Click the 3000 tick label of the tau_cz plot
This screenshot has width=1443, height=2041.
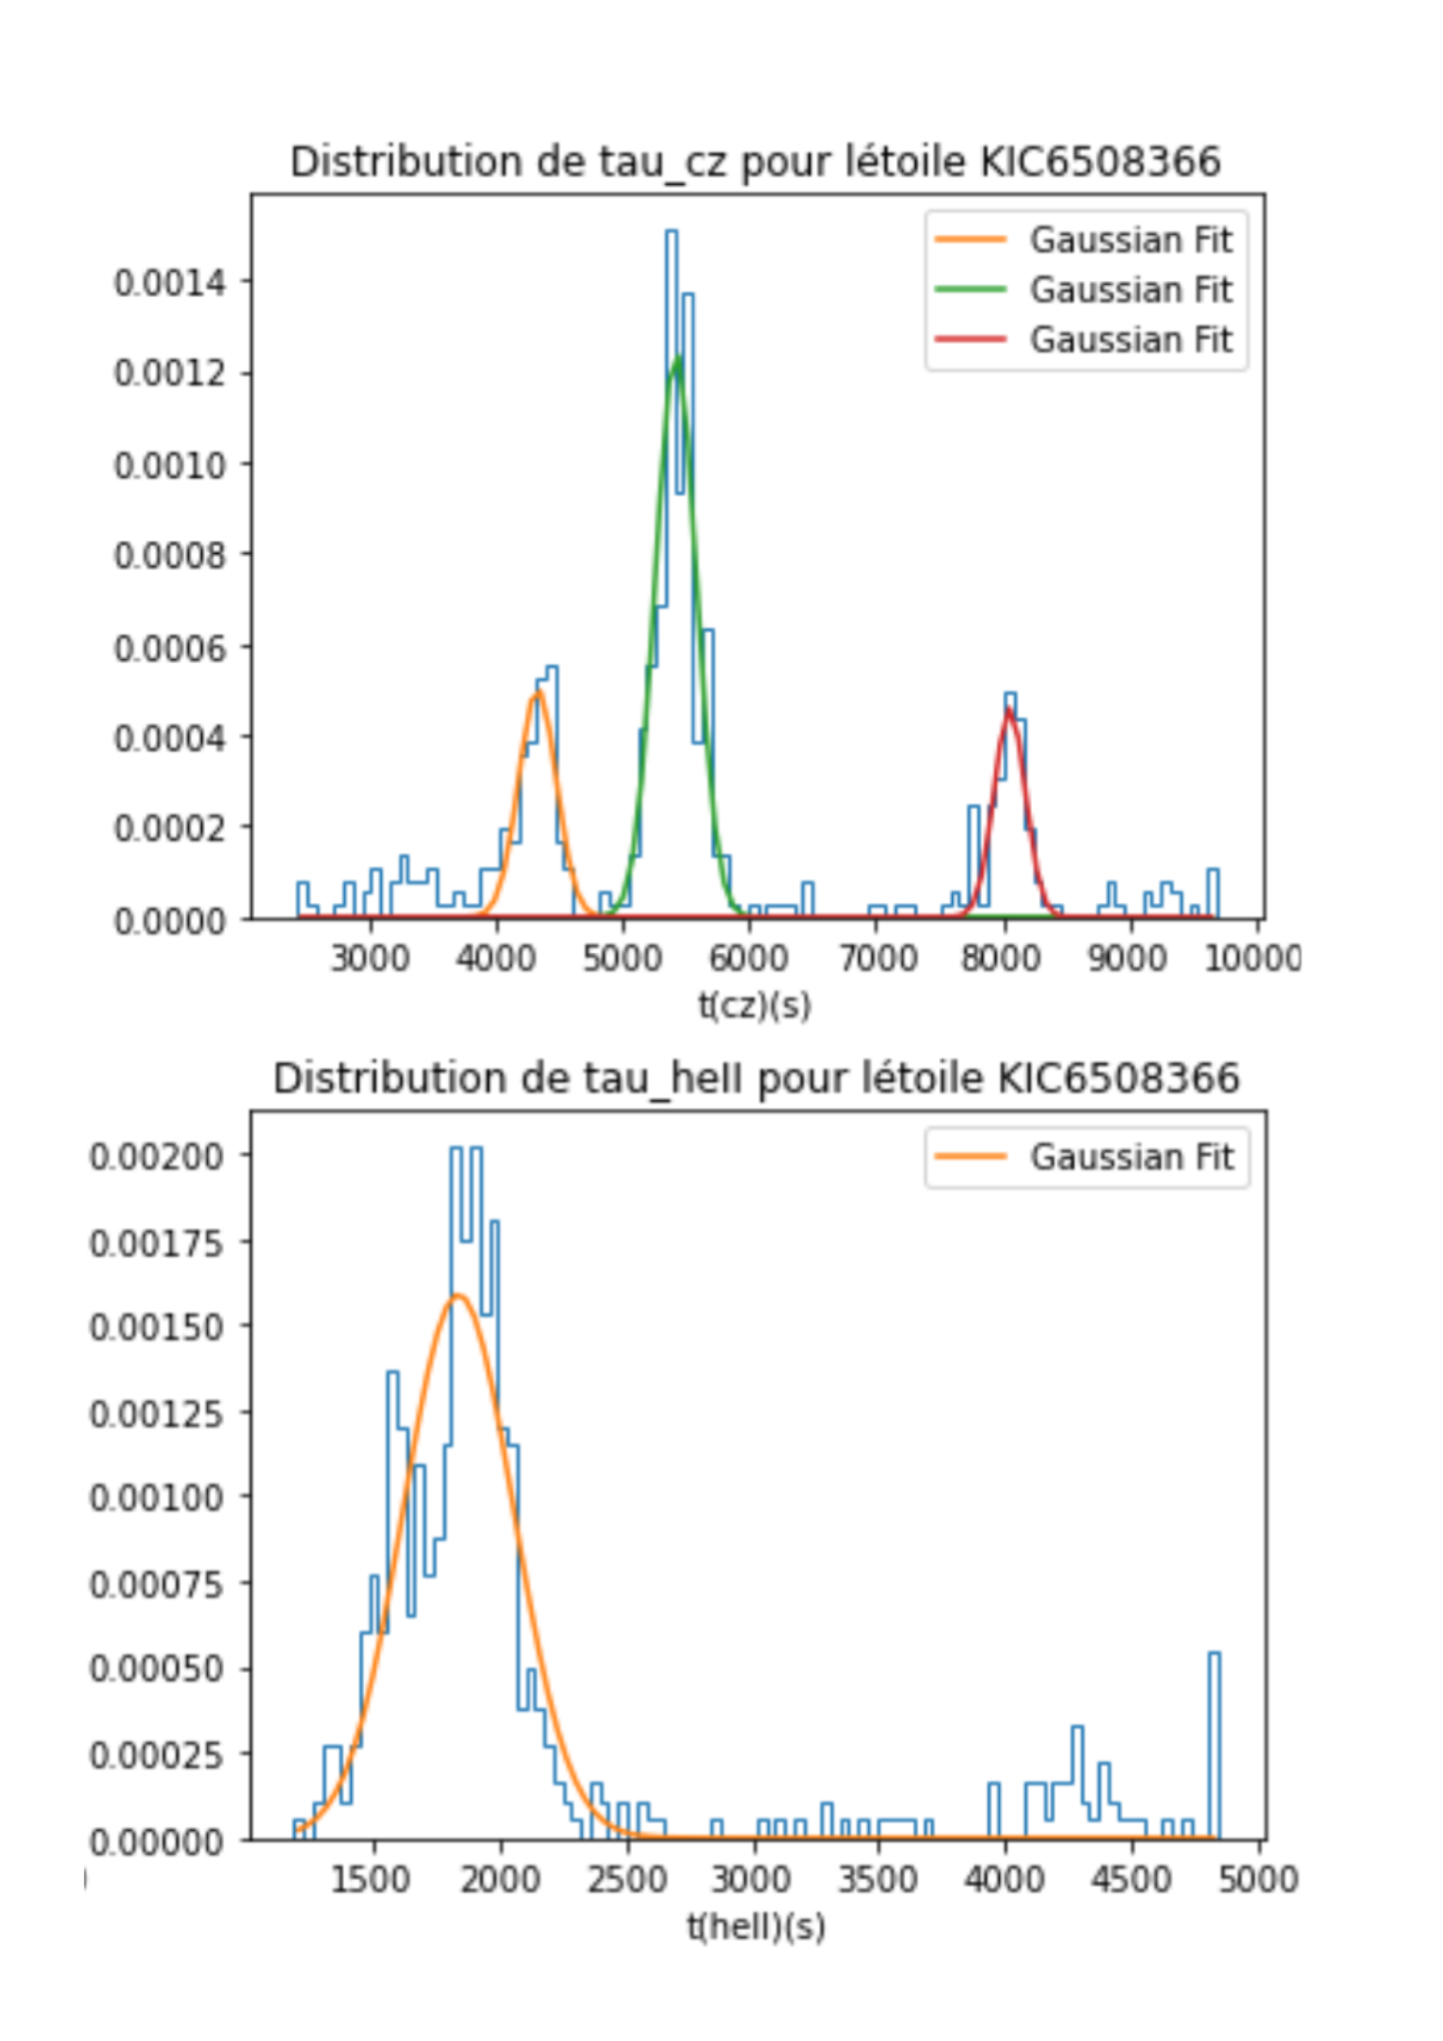click(x=369, y=958)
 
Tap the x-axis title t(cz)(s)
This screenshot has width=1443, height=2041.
click(x=755, y=1005)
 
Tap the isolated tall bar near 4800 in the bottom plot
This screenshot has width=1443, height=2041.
click(x=1213, y=1743)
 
